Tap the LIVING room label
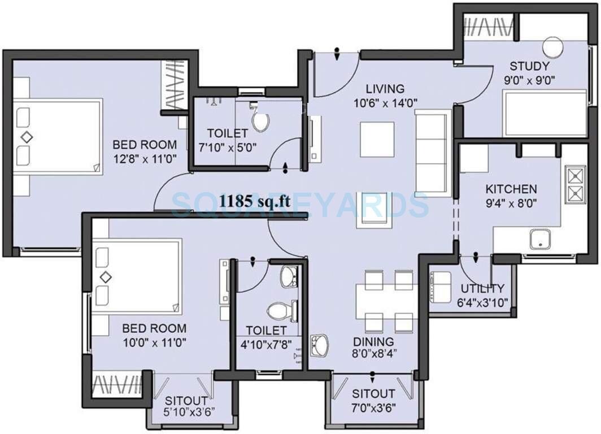385,89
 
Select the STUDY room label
529,67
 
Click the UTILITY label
482,288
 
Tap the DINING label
373,342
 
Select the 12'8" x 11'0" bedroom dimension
145,159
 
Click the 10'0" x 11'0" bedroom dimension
155,342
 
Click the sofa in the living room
433,152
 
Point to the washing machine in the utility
440,287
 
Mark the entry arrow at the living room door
337,54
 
